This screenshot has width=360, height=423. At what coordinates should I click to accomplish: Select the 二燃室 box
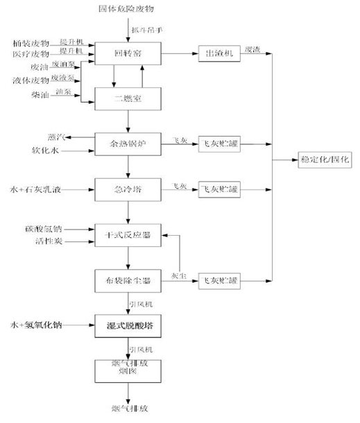point(128,98)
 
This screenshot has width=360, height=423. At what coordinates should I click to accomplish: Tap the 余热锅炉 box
point(128,142)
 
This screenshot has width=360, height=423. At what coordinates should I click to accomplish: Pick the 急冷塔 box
point(128,188)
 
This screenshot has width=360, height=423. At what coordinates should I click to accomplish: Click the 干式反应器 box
point(128,234)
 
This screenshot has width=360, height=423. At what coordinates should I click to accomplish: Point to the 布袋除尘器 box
point(128,280)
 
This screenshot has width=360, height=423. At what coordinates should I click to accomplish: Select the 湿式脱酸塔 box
point(128,324)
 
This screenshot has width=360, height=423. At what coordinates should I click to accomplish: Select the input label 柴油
point(40,94)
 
